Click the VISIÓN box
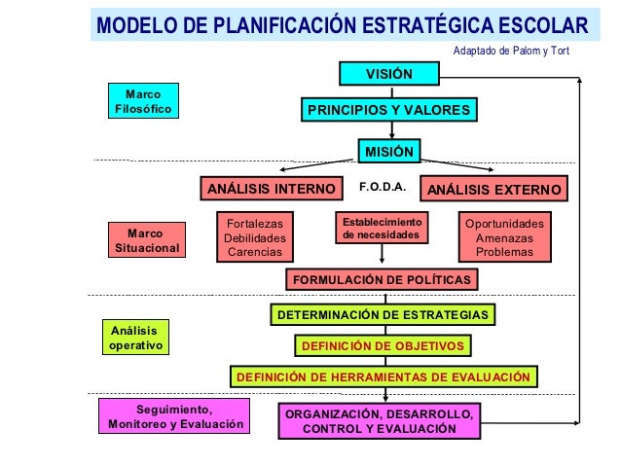point(388,74)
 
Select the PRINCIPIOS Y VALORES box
point(388,111)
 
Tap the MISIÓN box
point(388,151)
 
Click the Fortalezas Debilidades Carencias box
point(255,237)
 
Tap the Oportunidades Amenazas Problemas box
point(504,237)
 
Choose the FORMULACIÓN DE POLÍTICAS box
point(382,280)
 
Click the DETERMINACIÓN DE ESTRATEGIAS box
point(383,315)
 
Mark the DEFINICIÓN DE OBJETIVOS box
point(384,345)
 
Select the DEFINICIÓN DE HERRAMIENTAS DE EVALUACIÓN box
point(383,376)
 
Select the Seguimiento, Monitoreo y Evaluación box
point(173,416)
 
